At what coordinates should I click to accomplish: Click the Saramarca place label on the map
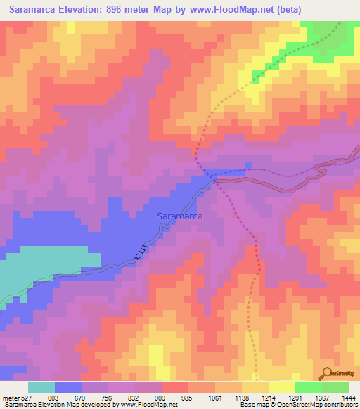179,217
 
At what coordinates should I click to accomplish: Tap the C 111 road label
141,255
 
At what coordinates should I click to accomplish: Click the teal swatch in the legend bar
41,387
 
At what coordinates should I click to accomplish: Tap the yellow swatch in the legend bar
282,387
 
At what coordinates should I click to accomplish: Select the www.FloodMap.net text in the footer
147,405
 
